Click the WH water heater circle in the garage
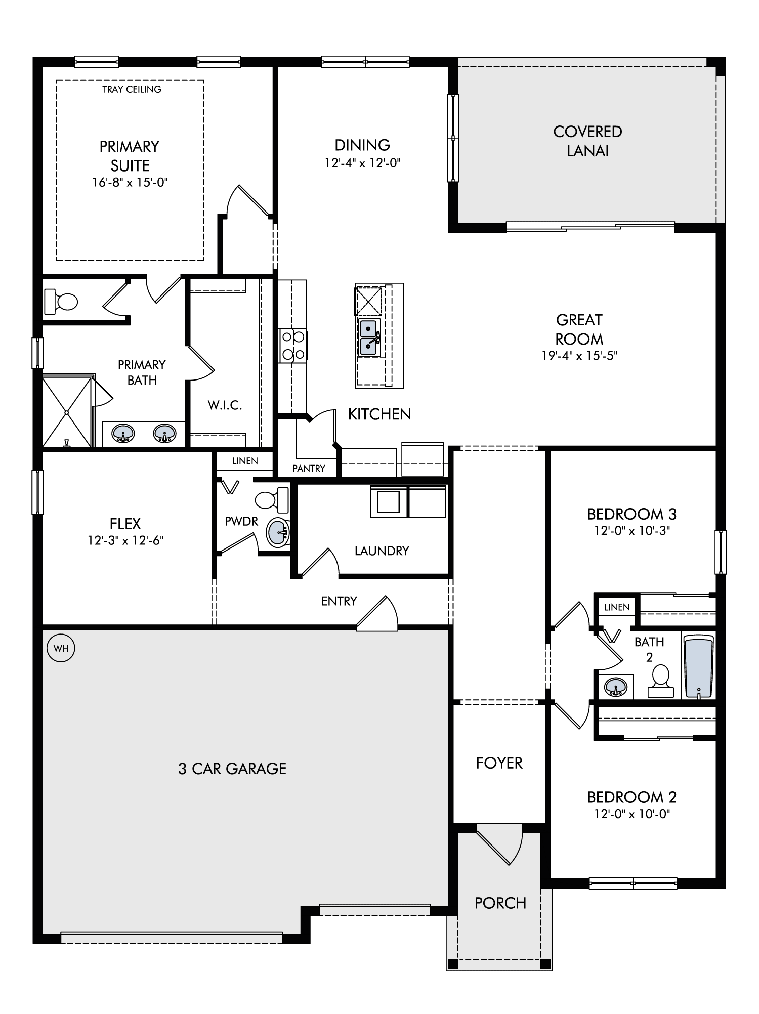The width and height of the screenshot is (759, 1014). click(x=61, y=648)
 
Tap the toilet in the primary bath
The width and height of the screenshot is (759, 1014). click(x=61, y=302)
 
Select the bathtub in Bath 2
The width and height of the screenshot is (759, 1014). click(x=698, y=666)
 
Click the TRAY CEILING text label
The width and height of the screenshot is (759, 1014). click(x=132, y=89)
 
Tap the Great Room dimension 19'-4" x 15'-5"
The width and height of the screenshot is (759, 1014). click(x=579, y=356)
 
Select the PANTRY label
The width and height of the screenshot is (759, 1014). click(x=309, y=469)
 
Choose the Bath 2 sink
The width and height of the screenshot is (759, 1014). click(x=615, y=687)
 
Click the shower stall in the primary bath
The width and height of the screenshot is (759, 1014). click(x=68, y=412)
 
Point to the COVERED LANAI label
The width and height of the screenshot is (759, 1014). click(x=587, y=141)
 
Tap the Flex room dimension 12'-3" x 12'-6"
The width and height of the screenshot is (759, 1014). click(x=125, y=541)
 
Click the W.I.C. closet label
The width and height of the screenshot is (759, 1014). click(x=225, y=405)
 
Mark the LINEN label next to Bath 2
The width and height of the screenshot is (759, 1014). click(x=617, y=607)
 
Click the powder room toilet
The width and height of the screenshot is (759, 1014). click(x=272, y=500)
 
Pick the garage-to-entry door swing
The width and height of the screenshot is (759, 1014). click(x=377, y=614)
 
